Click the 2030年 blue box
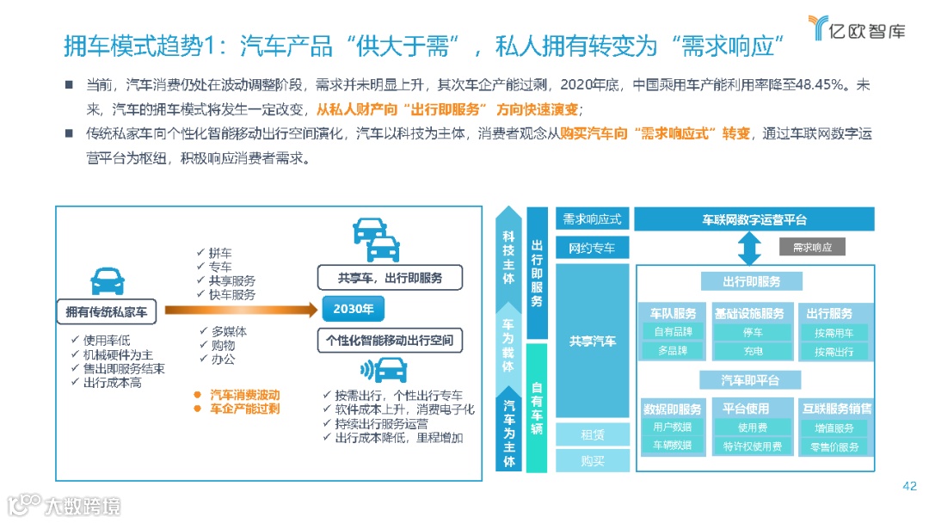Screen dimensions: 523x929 click(x=353, y=309)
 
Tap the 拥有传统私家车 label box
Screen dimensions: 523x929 click(x=107, y=312)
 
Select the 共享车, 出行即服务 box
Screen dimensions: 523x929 click(x=389, y=277)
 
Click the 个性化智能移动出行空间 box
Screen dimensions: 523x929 click(x=390, y=340)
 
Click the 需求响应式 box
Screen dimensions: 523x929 click(x=592, y=219)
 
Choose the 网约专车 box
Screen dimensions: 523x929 click(x=592, y=249)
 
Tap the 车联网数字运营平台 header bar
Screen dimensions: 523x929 click(x=754, y=219)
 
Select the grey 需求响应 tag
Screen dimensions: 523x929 click(x=812, y=247)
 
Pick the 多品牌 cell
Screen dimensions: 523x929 click(x=673, y=351)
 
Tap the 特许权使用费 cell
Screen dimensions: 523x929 click(x=753, y=446)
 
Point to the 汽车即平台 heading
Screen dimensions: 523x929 click(x=749, y=379)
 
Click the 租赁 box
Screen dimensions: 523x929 click(x=592, y=435)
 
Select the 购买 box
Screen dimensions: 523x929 click(x=592, y=461)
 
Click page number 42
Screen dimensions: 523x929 click(x=909, y=486)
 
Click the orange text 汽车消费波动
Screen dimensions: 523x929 click(x=244, y=394)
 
